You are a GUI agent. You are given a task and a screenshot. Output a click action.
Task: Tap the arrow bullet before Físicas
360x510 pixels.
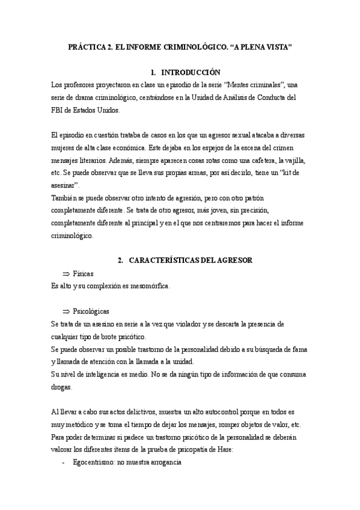coord(67,274)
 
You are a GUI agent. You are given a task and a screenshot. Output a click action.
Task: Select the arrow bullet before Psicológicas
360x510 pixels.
coord(67,312)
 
